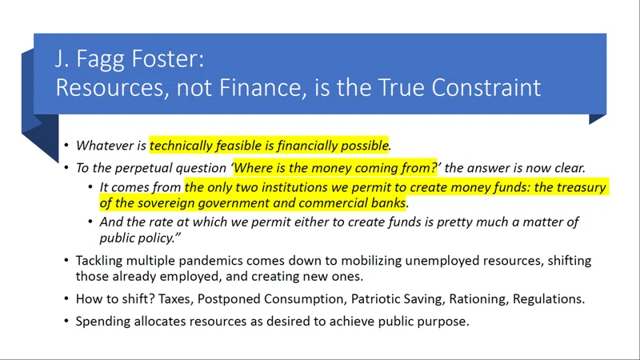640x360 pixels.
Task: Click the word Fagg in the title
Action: point(100,60)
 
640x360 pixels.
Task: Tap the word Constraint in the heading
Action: point(486,87)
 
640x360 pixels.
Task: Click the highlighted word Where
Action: point(250,168)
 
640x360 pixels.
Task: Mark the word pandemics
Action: point(210,261)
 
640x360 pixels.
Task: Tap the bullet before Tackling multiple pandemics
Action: point(66,261)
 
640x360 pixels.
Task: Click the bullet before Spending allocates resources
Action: point(66,322)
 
